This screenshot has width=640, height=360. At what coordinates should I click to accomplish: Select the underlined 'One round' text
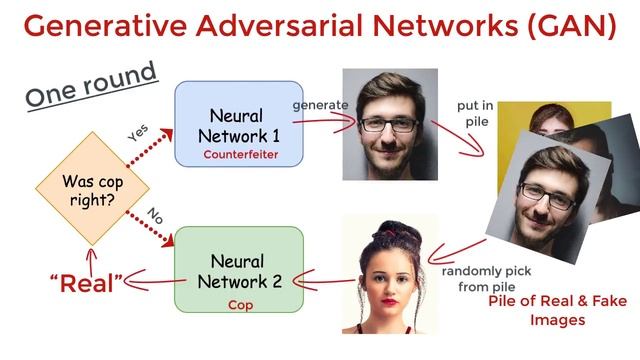91,84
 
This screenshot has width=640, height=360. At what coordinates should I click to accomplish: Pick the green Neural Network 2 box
238,271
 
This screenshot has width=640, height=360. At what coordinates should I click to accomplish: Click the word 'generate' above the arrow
320,103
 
